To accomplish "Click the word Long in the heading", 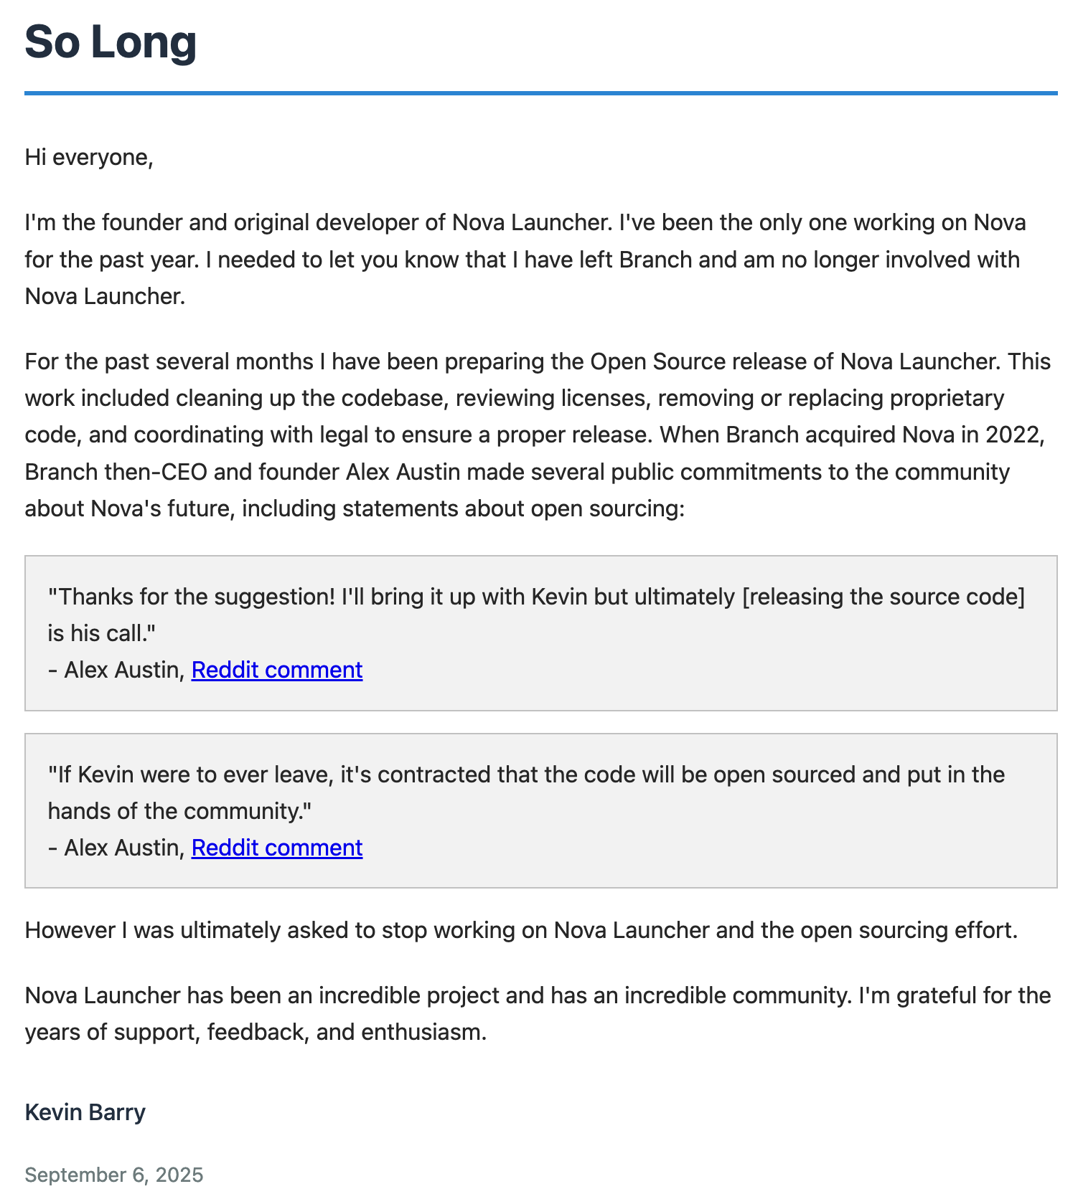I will tap(144, 42).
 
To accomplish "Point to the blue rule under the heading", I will tap(540, 93).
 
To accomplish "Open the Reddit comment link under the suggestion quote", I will tap(277, 670).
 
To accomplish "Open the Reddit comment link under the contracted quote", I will tap(277, 848).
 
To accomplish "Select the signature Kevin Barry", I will tap(85, 1112).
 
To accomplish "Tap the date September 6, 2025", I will tap(114, 1175).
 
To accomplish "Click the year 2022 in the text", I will tap(1014, 435).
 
